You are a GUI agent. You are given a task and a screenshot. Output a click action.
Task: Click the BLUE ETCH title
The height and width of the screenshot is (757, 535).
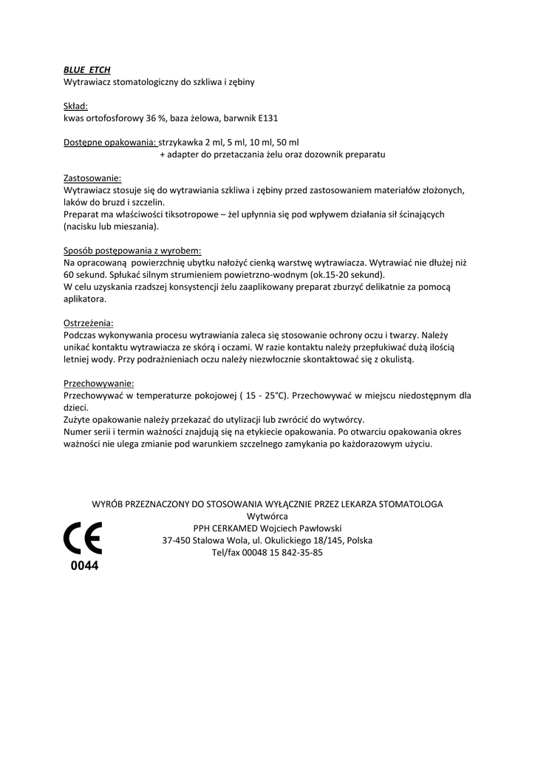click(86, 69)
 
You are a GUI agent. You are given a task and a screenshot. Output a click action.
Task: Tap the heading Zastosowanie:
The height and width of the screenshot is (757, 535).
click(92, 178)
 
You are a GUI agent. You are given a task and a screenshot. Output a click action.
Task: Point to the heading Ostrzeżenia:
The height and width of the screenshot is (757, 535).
click(89, 323)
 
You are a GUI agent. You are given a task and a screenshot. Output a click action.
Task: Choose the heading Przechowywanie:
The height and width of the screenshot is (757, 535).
click(98, 384)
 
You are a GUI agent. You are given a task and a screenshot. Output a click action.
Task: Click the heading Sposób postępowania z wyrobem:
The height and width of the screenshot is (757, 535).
click(132, 251)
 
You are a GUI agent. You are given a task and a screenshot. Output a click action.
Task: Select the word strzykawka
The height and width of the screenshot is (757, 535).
click(180, 142)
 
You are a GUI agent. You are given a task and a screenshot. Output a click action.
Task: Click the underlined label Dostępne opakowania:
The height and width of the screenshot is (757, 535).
click(110, 142)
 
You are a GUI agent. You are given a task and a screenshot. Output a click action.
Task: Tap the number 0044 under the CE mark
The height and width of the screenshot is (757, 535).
click(84, 566)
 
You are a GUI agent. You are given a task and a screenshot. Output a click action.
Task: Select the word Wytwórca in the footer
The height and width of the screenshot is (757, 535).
click(267, 516)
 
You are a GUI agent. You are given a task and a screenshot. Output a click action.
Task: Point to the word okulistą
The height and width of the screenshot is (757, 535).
click(395, 359)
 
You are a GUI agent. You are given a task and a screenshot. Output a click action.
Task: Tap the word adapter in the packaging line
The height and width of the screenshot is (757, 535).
click(183, 155)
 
